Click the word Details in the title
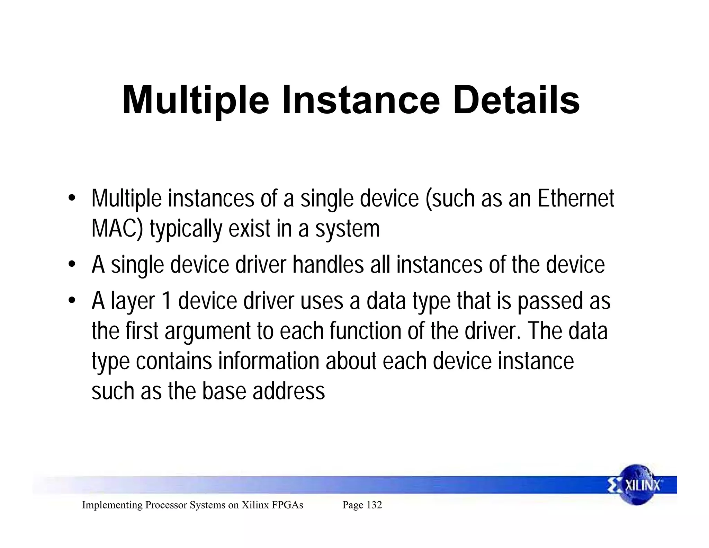516,100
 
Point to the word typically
186,229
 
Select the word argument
207,332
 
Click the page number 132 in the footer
374,505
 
